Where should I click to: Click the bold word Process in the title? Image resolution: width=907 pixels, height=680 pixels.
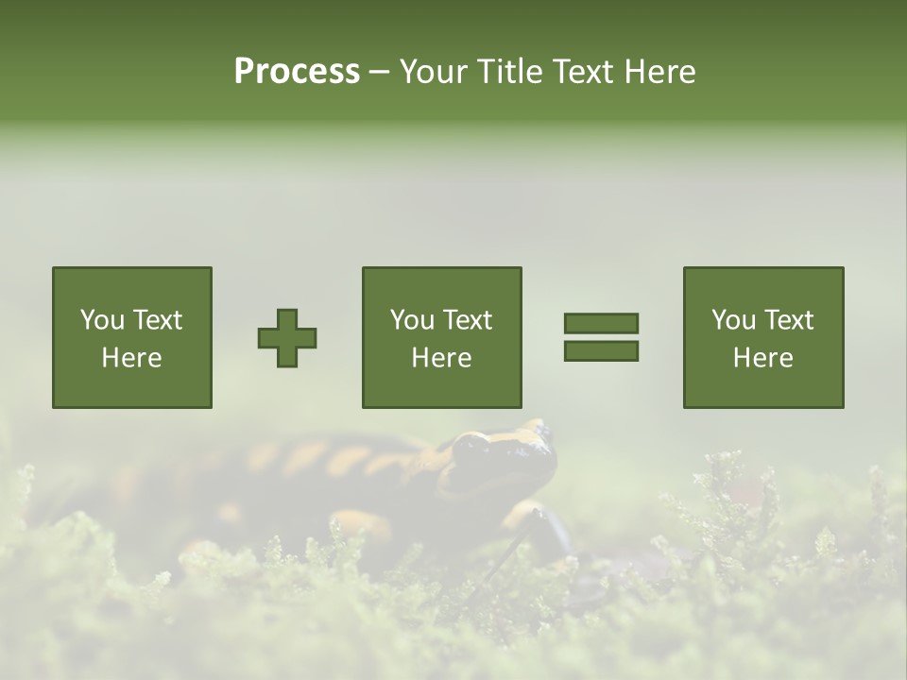click(297, 72)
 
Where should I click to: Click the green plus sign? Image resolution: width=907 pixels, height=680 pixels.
click(287, 338)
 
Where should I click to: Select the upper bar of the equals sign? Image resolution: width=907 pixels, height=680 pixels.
click(601, 323)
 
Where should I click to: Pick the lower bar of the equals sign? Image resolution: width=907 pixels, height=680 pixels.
click(601, 351)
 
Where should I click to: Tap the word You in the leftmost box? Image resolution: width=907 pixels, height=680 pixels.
click(102, 320)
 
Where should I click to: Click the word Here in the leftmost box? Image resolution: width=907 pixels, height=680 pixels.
click(132, 358)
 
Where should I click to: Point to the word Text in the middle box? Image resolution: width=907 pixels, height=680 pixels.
click(468, 320)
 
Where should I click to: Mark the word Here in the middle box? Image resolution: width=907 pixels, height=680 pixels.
click(442, 358)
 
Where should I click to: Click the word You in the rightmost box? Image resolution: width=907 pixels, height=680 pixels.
click(733, 320)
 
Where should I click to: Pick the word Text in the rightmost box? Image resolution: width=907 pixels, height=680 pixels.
click(789, 320)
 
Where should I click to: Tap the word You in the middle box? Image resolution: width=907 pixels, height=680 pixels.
click(412, 320)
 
